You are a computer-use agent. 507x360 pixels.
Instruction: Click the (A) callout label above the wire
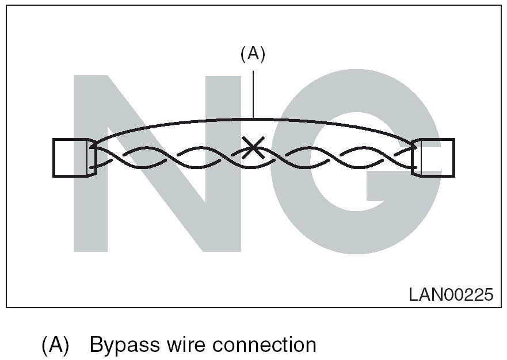click(x=252, y=54)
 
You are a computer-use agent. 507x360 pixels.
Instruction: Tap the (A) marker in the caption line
click(x=55, y=345)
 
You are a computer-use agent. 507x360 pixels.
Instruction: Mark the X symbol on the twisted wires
click(x=251, y=148)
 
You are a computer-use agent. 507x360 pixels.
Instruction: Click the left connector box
click(x=70, y=157)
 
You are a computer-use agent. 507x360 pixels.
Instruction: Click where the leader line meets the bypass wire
click(x=253, y=118)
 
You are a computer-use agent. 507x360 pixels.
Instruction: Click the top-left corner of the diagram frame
click(x=7, y=6)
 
